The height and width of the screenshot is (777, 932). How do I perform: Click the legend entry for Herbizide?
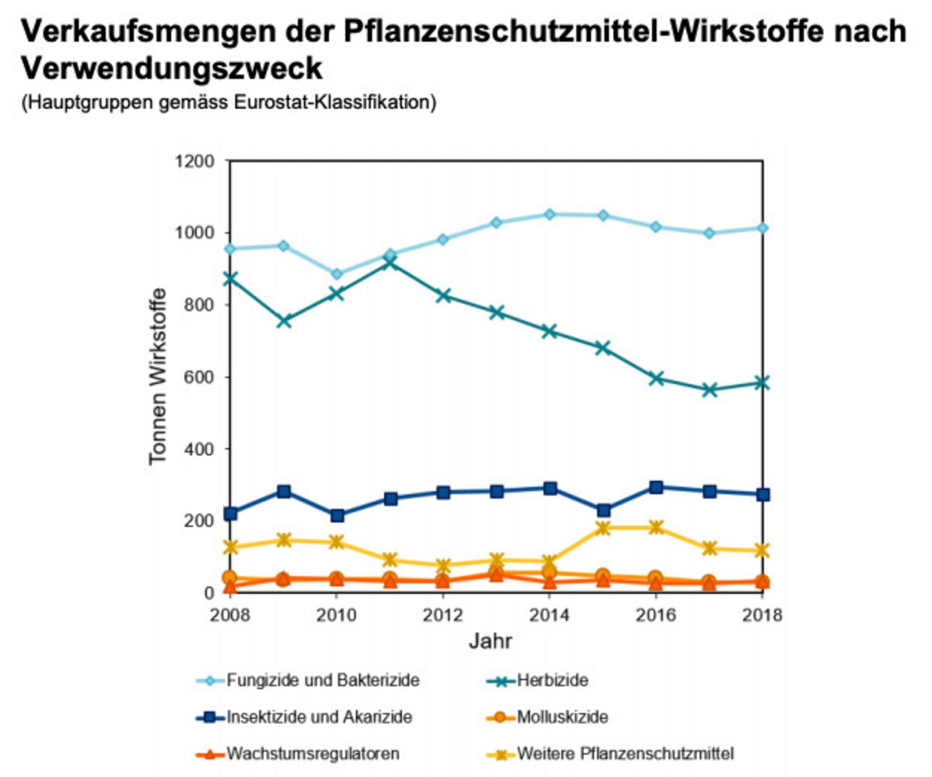click(x=552, y=681)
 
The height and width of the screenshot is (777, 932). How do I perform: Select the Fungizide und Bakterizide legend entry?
click(x=323, y=681)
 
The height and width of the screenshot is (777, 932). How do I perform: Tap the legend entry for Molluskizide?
click(x=562, y=717)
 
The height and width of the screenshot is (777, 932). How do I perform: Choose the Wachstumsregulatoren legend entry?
click(x=313, y=754)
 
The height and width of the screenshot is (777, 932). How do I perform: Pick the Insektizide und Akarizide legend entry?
click(x=319, y=717)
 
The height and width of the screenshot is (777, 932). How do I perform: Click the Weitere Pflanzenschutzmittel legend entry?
click(x=625, y=754)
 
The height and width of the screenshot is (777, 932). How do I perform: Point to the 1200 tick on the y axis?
click(x=194, y=161)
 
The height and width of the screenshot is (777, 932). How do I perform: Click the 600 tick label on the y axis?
click(x=199, y=377)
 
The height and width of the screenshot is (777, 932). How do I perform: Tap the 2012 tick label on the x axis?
click(x=443, y=615)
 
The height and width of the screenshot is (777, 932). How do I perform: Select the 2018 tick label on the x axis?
click(x=762, y=615)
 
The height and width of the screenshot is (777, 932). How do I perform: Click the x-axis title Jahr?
click(x=491, y=641)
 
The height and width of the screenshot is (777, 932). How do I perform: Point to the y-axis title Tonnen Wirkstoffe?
click(x=158, y=377)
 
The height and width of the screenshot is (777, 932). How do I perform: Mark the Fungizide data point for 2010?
click(x=337, y=274)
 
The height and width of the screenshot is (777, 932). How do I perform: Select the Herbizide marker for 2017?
click(x=710, y=390)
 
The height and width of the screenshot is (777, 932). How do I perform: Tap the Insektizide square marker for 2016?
click(x=656, y=488)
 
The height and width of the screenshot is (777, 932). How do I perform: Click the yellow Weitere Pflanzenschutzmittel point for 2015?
click(x=603, y=528)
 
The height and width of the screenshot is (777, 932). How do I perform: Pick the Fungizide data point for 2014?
click(x=550, y=214)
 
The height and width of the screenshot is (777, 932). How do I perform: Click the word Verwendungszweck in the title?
click(x=172, y=68)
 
